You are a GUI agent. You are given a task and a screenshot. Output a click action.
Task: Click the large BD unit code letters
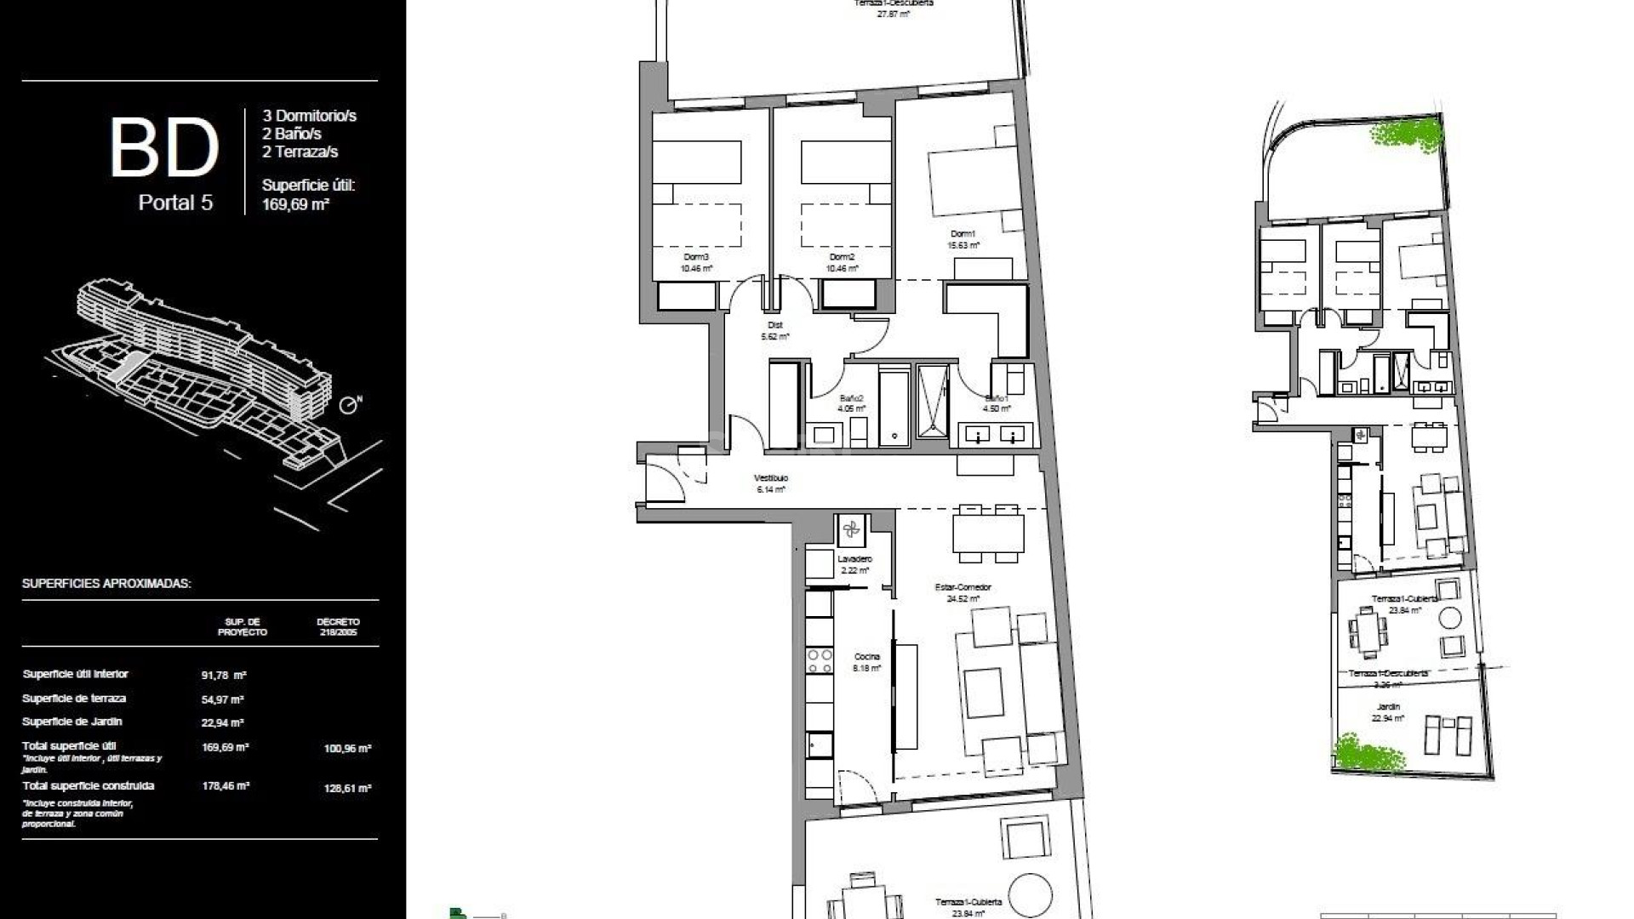click(x=164, y=148)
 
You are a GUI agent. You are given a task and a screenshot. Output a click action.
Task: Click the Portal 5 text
click(x=175, y=203)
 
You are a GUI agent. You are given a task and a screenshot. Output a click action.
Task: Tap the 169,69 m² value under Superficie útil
click(x=295, y=204)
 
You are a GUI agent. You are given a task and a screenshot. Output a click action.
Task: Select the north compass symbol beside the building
click(x=347, y=405)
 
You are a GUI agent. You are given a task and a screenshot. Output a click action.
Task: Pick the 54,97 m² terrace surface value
click(x=223, y=699)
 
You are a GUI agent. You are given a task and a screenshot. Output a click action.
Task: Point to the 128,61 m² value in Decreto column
click(x=347, y=789)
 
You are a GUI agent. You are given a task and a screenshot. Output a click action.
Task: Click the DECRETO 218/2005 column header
click(x=338, y=627)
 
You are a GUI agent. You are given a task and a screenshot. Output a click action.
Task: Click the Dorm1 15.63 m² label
click(x=963, y=239)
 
